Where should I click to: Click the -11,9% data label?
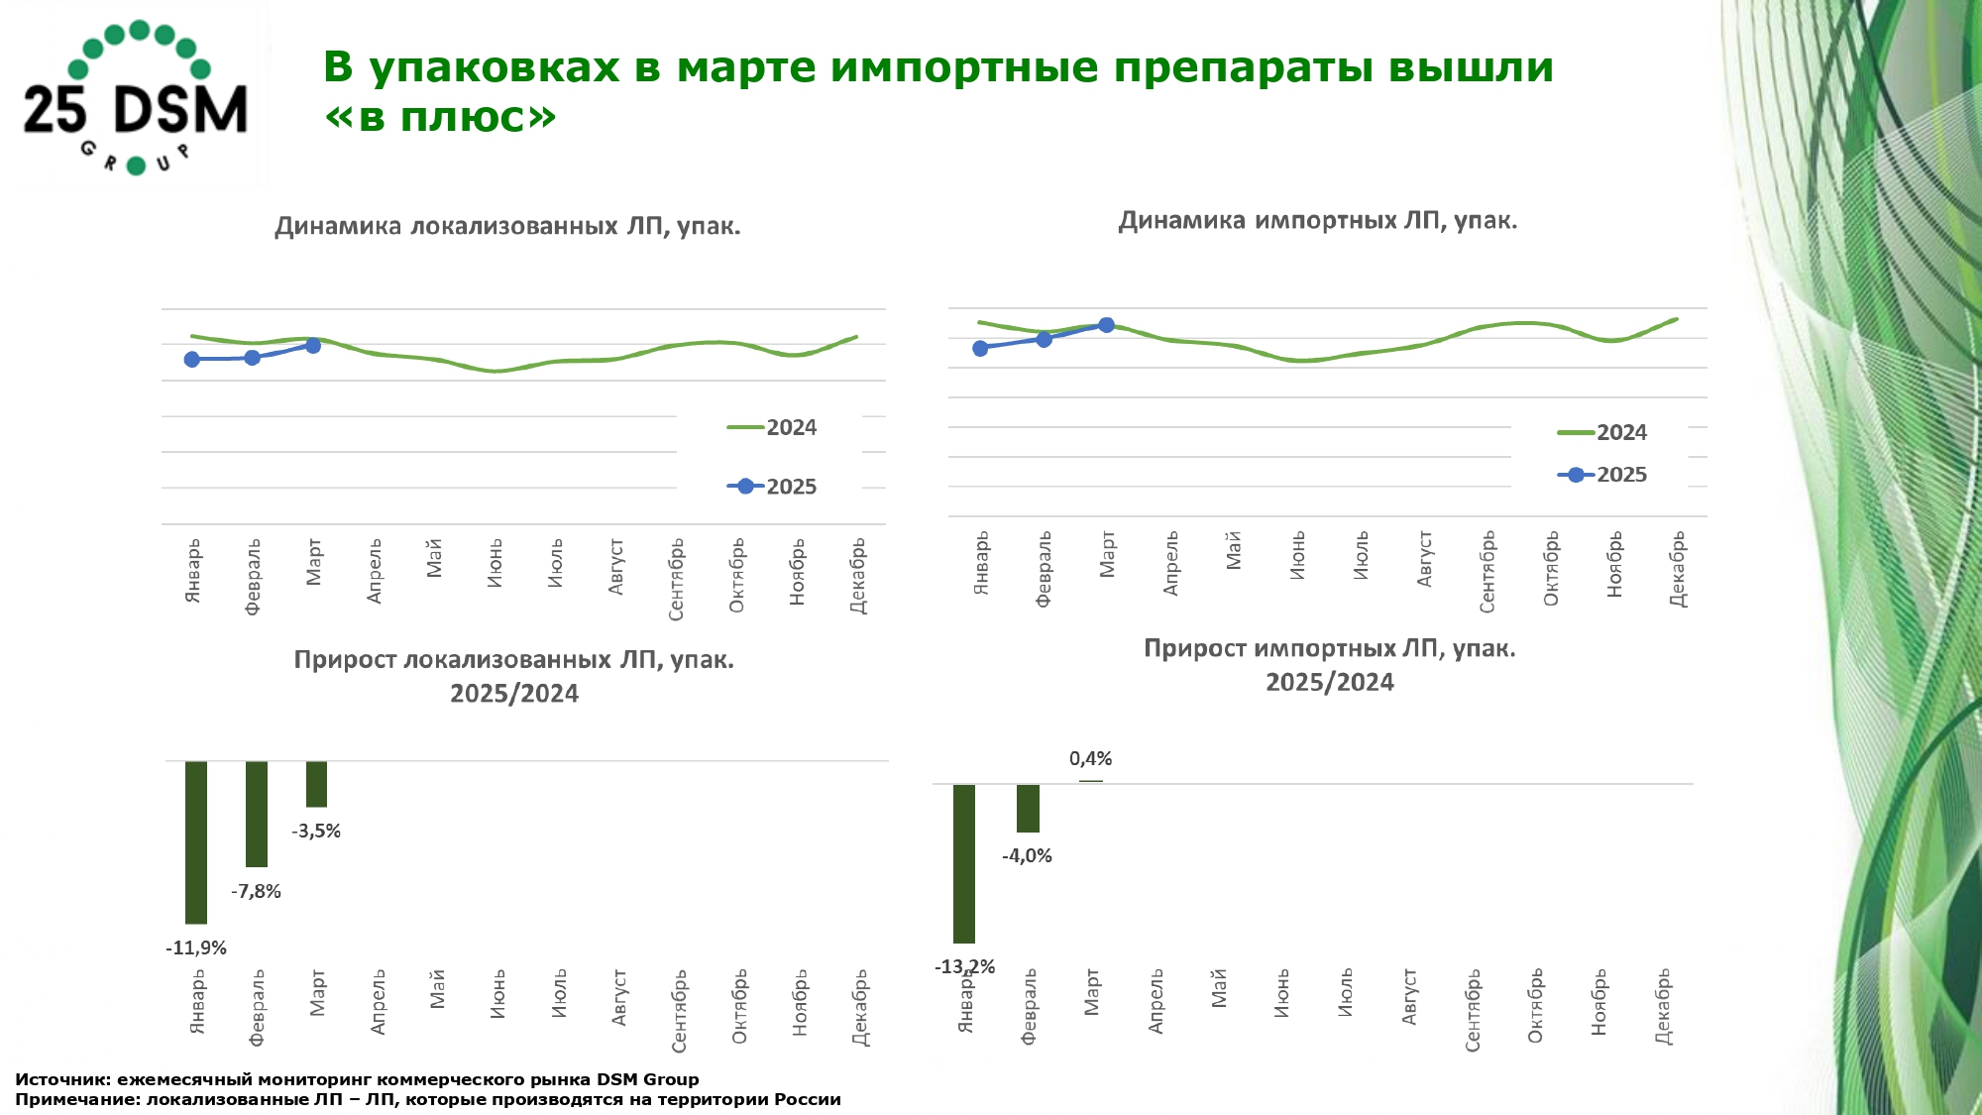[196, 948]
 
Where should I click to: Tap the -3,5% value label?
[316, 832]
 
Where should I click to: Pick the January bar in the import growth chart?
[964, 862]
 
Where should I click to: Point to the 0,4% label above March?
[1090, 759]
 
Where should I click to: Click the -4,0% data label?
[1027, 856]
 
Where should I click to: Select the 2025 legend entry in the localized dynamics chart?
[773, 487]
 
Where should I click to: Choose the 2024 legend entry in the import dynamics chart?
[1602, 433]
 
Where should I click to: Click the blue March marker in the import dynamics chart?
[1107, 325]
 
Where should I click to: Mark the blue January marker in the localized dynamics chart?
[192, 359]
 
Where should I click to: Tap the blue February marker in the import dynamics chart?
[1044, 339]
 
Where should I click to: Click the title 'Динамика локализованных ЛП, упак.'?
[507, 227]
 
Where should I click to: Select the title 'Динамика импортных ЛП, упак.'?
[1317, 221]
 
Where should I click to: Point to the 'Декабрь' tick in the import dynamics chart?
[1677, 569]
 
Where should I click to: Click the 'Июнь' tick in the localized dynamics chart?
[495, 563]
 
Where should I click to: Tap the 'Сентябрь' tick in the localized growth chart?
[680, 1011]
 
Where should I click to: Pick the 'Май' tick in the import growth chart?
[1219, 988]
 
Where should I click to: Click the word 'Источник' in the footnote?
[62, 1080]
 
